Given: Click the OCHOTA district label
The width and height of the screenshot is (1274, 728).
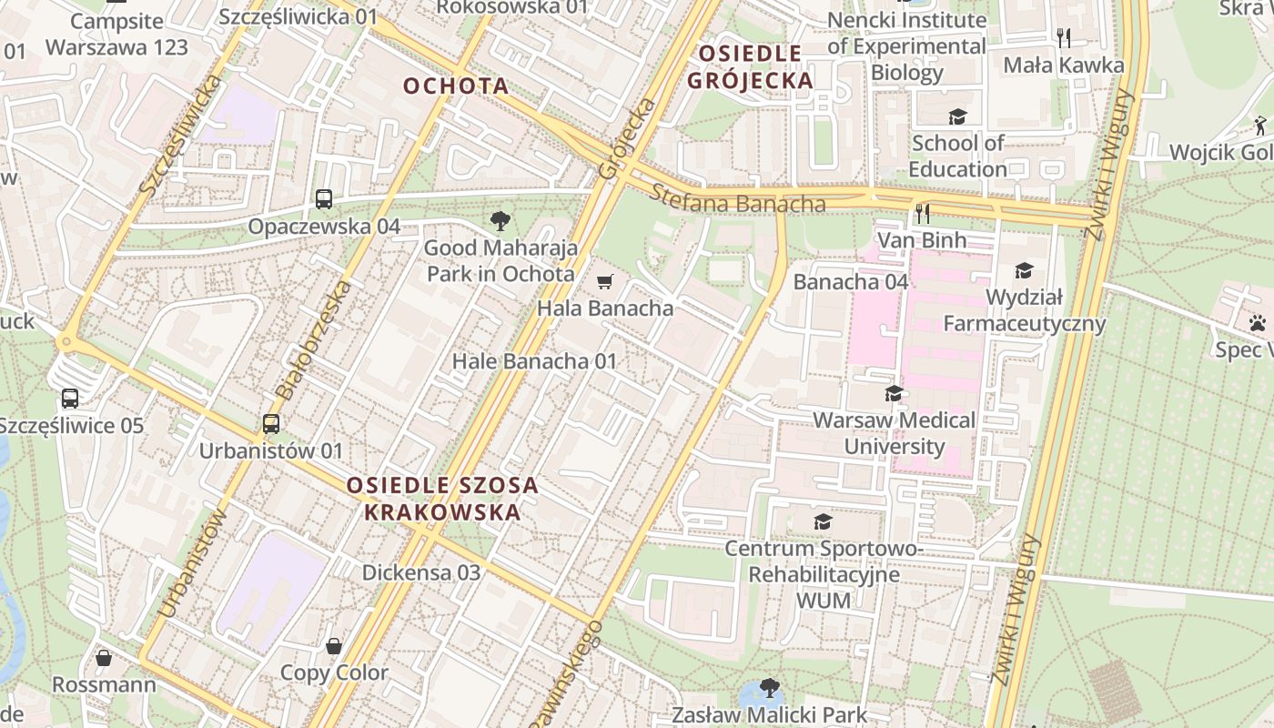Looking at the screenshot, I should click(455, 86).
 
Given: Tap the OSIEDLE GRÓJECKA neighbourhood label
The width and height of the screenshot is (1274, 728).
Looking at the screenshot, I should click(750, 67).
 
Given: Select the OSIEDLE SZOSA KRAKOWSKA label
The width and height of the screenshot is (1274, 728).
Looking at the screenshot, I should click(442, 499).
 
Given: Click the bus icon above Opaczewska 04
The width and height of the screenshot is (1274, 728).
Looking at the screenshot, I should click(323, 199).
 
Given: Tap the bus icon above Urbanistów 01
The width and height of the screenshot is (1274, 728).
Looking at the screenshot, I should click(270, 424).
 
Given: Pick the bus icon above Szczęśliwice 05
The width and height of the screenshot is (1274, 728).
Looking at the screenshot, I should click(70, 399).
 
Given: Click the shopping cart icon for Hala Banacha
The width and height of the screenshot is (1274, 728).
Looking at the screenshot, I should click(605, 282).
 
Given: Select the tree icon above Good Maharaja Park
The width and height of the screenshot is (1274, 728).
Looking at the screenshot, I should click(499, 220).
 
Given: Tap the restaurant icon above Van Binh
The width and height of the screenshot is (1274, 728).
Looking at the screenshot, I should click(922, 214).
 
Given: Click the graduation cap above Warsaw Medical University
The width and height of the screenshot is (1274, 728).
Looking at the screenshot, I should click(894, 394).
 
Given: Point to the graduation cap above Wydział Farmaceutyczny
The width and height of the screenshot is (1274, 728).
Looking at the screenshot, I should click(1024, 271).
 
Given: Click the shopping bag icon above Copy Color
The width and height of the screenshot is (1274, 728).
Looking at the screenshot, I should click(334, 647).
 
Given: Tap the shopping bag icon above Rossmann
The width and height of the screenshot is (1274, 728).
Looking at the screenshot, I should click(104, 658).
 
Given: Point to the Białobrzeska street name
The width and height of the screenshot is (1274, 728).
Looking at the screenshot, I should click(313, 341).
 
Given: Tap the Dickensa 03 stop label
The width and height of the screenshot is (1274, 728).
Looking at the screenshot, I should click(421, 573).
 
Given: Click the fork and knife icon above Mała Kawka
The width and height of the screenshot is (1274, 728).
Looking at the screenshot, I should click(1063, 38).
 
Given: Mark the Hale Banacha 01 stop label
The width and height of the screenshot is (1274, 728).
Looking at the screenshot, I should click(535, 361).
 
